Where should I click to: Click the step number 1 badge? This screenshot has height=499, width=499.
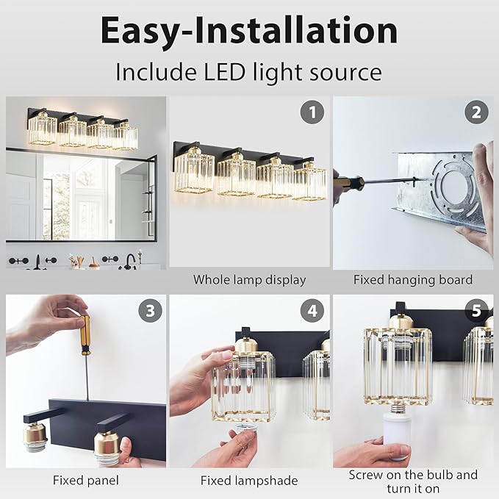[313, 112]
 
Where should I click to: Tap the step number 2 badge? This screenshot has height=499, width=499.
[476, 112]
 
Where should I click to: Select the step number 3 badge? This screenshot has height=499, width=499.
[150, 311]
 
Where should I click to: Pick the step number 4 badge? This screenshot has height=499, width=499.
[313, 311]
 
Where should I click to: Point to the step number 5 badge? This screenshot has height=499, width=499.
[476, 311]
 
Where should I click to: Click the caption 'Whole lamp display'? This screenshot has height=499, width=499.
[249, 279]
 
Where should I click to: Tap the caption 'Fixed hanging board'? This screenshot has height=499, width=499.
[412, 279]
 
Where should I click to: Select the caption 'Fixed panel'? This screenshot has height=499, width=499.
[86, 480]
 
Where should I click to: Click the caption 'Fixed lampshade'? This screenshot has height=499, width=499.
[249, 480]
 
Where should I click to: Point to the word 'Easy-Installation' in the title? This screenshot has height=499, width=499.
[249, 31]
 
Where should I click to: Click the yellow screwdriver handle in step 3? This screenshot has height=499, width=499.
[85, 334]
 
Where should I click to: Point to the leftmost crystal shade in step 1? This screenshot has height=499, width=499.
[194, 171]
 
